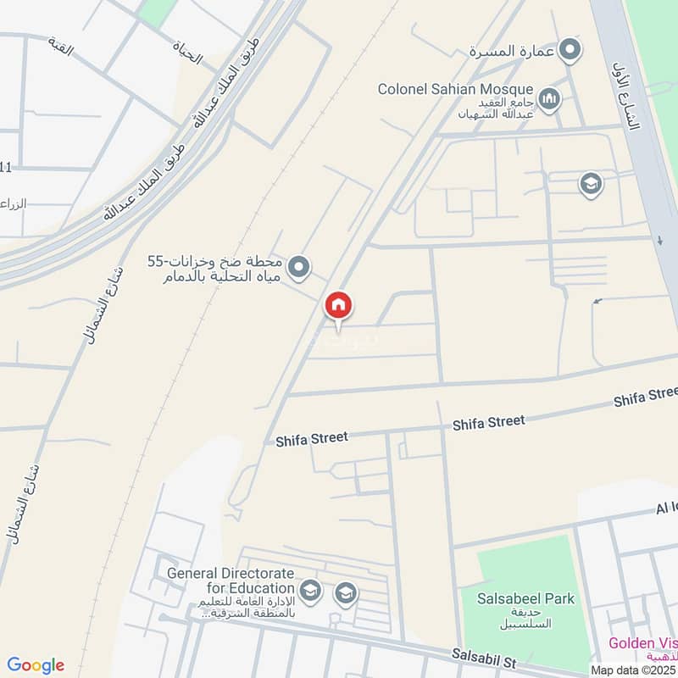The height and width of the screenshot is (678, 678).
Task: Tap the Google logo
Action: pos(36,665)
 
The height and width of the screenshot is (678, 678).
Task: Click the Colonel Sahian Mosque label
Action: pos(455,89)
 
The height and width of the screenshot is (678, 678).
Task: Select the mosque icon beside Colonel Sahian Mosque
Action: pos(550,100)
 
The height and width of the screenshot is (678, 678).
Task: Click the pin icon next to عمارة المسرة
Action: pos(572,50)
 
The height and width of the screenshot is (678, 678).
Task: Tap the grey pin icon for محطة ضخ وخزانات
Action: pos(297,269)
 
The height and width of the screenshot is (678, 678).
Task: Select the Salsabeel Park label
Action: pos(525,599)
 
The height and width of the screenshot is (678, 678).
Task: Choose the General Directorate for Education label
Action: pos(231,580)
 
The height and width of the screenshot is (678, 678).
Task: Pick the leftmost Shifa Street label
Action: pos(312,439)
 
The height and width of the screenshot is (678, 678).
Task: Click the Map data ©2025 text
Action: pos(633,670)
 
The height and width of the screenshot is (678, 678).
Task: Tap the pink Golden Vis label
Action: pos(642,643)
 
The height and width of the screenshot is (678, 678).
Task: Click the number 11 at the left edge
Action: pos(6,169)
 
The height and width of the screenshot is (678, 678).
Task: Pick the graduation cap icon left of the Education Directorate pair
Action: pos(311,590)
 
